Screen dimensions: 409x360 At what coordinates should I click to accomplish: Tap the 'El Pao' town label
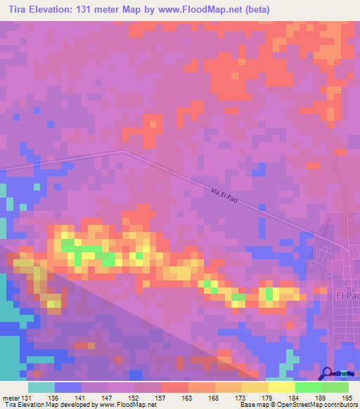pyautogui.click(x=348, y=297)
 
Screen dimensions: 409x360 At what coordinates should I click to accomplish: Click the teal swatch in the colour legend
pyautogui.click(x=41, y=387)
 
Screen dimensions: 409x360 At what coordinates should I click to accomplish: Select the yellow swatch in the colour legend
pyautogui.click(x=281, y=387)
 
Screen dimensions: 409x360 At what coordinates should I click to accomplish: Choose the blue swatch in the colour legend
pyautogui.click(x=67, y=387)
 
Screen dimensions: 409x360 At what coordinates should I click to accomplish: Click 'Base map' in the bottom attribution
pyautogui.click(x=254, y=405)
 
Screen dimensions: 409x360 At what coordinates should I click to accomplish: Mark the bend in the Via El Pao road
pyautogui.click(x=124, y=150)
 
